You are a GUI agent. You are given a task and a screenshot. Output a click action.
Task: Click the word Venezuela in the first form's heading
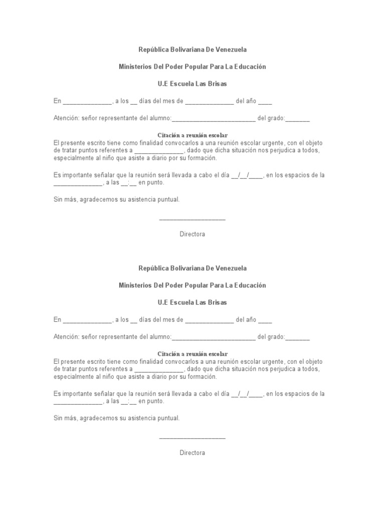(x=229, y=50)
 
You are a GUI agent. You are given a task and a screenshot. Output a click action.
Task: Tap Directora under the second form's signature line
(x=192, y=453)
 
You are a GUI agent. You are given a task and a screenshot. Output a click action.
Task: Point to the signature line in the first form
(x=192, y=219)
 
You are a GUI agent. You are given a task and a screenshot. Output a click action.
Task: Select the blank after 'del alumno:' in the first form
(x=214, y=119)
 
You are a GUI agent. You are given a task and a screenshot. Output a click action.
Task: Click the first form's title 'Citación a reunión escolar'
(x=192, y=135)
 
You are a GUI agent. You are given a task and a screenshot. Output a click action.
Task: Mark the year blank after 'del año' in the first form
(x=265, y=102)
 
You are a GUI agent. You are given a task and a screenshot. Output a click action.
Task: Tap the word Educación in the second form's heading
(x=247, y=286)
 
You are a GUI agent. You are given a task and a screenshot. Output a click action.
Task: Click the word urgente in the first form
(x=270, y=143)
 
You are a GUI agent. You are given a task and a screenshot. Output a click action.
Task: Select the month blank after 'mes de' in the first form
(x=209, y=102)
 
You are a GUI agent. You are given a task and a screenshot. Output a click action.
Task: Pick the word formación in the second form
(x=204, y=377)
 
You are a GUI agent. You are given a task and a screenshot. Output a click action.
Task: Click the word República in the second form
(x=153, y=269)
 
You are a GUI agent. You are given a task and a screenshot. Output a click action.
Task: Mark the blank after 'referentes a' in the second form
(x=159, y=369)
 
